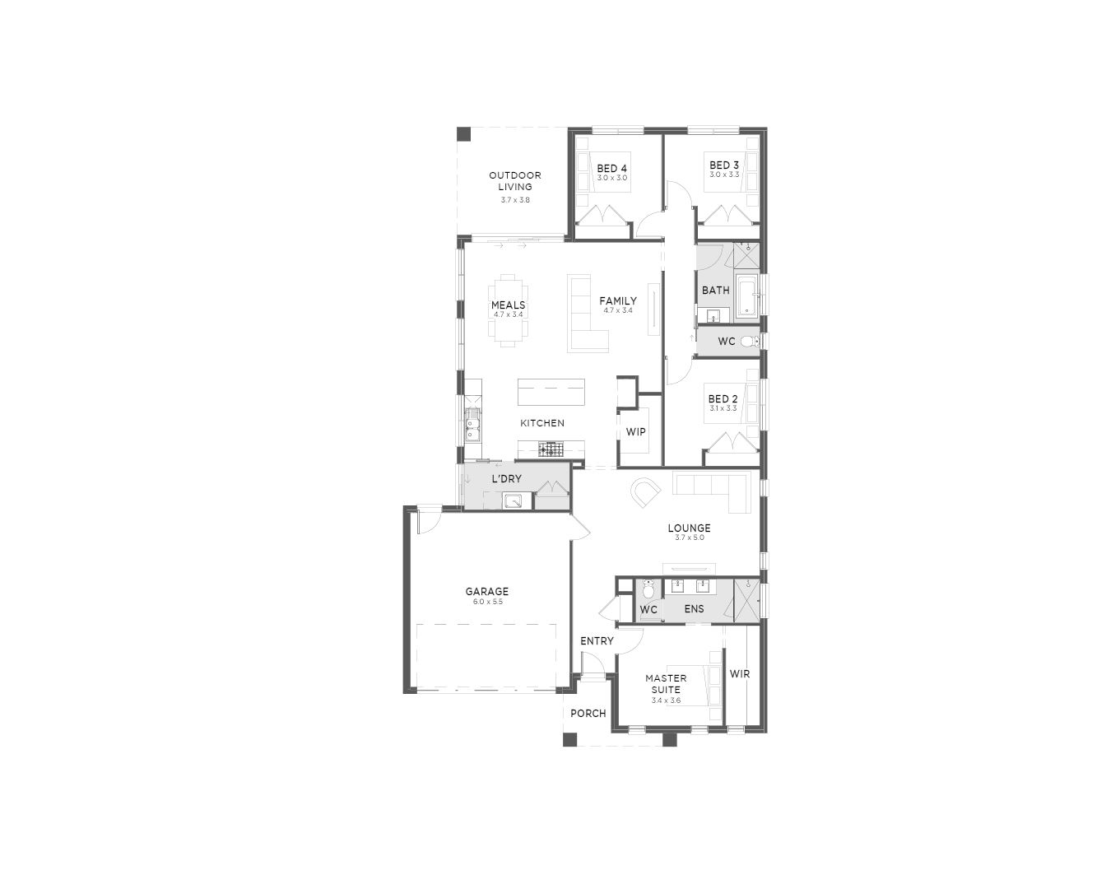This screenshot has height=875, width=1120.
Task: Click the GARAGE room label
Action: point(486,591)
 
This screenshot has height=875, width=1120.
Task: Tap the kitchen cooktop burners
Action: point(551,449)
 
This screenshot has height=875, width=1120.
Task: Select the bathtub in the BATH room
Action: point(746,296)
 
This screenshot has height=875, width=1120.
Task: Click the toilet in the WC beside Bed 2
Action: point(750,341)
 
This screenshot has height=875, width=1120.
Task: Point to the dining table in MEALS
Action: point(508,310)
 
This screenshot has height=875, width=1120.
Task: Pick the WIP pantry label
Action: point(635,432)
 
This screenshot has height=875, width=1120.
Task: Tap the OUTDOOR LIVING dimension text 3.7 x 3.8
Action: point(515,200)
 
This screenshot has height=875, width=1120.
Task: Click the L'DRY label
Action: point(507,479)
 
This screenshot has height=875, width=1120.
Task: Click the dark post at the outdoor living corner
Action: point(463,134)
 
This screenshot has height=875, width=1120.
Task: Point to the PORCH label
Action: point(588,713)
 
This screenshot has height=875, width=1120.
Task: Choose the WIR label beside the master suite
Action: point(740,673)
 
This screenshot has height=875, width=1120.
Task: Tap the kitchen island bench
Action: point(551,392)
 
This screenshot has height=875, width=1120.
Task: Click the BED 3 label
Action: point(724,165)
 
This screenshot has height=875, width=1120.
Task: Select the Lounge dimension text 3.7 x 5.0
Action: point(690,538)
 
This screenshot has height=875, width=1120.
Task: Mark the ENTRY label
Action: point(597,640)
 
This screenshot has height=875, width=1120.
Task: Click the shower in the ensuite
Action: point(746,602)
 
